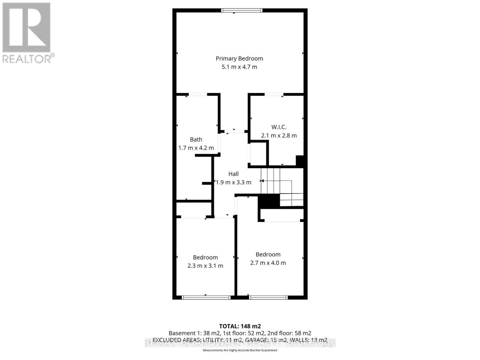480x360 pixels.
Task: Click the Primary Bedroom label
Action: pos(239,58)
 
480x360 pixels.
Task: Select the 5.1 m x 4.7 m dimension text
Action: pos(239,67)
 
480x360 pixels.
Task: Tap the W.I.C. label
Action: pos(279,127)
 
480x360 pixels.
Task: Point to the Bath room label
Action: pos(196,139)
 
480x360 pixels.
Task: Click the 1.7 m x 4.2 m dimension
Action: pos(196,148)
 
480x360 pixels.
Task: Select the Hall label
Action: pos(233,174)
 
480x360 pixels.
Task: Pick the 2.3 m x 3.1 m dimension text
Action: pos(205,266)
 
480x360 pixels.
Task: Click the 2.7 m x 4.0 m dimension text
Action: pos(268,263)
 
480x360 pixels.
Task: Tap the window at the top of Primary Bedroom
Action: pos(242,10)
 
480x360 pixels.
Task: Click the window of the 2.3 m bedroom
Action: pos(206,298)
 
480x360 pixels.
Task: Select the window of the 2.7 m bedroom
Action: pos(268,298)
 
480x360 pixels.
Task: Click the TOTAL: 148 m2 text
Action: pos(240,326)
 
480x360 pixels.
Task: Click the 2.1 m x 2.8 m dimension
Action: pos(279,136)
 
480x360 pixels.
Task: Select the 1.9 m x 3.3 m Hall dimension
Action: pos(233,182)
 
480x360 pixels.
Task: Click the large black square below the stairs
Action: pos(268,201)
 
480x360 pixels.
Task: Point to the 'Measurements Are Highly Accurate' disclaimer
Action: pos(240,350)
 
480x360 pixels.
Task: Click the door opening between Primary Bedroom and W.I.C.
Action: pos(274,94)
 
